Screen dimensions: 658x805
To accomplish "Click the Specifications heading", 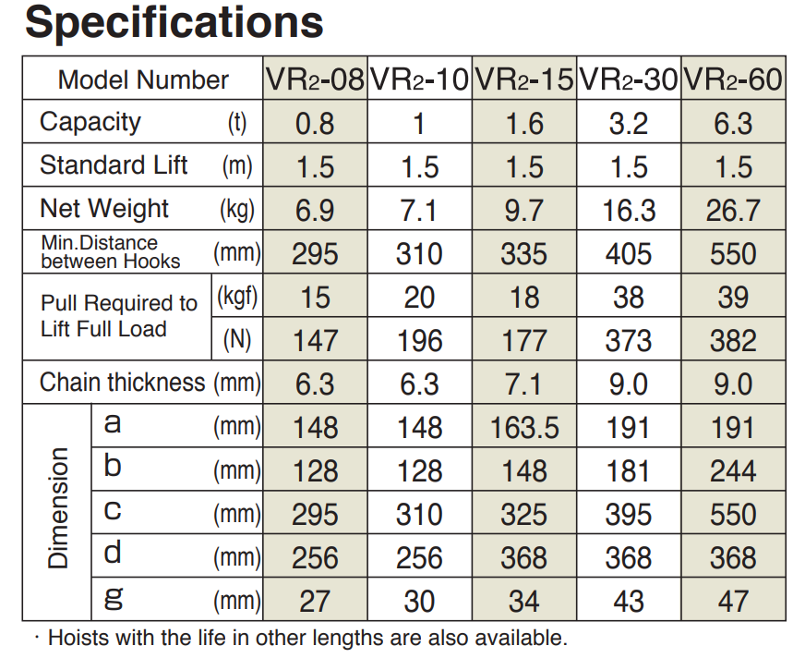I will pyautogui.click(x=174, y=23).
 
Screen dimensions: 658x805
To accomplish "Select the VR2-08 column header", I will pyautogui.click(x=315, y=79).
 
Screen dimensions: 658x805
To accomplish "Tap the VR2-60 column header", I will pyautogui.click(x=733, y=79).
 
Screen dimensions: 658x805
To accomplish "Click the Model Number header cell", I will pyautogui.click(x=143, y=79).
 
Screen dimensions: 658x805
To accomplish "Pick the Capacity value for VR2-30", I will pyautogui.click(x=629, y=123).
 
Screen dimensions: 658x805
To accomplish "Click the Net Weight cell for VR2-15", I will pyautogui.click(x=524, y=211).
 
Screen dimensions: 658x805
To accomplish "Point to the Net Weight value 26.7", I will pyautogui.click(x=733, y=211).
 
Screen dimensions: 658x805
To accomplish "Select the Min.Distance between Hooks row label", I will pyautogui.click(x=111, y=253).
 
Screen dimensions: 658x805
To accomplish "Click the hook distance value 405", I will pyautogui.click(x=629, y=254).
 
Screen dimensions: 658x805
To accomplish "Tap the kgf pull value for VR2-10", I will pyautogui.click(x=420, y=298).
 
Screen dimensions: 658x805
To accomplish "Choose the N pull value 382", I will pyautogui.click(x=733, y=341).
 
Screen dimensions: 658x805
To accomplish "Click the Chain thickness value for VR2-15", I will pyautogui.click(x=524, y=384).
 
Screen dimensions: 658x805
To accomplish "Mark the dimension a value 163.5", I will pyautogui.click(x=524, y=428).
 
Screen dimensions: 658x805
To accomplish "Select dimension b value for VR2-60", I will pyautogui.click(x=733, y=471).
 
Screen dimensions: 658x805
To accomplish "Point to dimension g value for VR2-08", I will pyautogui.click(x=315, y=602).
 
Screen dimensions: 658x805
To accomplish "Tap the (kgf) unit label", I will pyautogui.click(x=236, y=298).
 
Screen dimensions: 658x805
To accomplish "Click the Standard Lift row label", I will pyautogui.click(x=114, y=166).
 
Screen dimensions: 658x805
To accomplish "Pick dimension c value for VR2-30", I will pyautogui.click(x=629, y=515).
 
